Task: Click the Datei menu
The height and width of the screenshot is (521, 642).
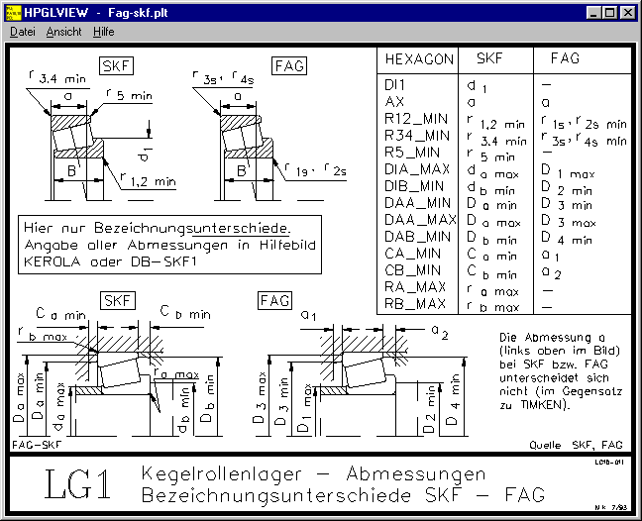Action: pyautogui.click(x=22, y=32)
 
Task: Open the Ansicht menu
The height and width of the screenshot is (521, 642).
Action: pyautogui.click(x=63, y=32)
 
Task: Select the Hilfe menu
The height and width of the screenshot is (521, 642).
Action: pyautogui.click(x=103, y=32)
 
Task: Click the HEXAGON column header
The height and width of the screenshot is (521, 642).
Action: pyautogui.click(x=418, y=59)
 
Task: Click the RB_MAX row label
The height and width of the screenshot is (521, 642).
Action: pyautogui.click(x=415, y=304)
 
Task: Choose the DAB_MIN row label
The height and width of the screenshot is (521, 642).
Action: pyautogui.click(x=417, y=237)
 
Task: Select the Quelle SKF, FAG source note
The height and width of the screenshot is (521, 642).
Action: pyautogui.click(x=576, y=446)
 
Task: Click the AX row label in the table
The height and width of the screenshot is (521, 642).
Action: pyautogui.click(x=393, y=102)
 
